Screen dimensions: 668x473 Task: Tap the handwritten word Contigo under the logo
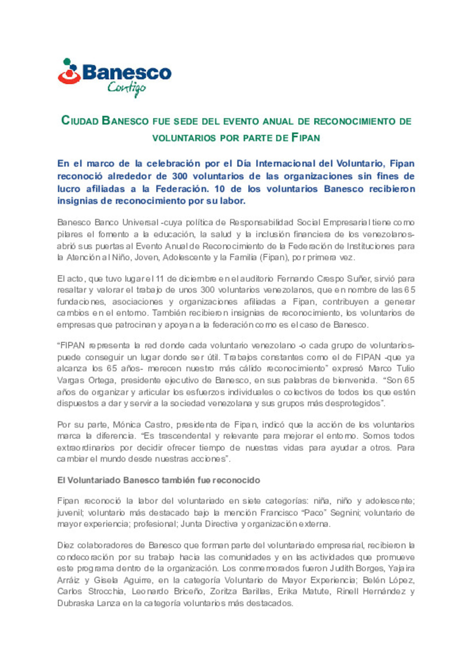click(x=126, y=89)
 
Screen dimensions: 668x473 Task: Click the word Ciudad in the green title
click(x=80, y=121)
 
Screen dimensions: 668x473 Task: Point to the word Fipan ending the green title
click(x=306, y=138)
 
